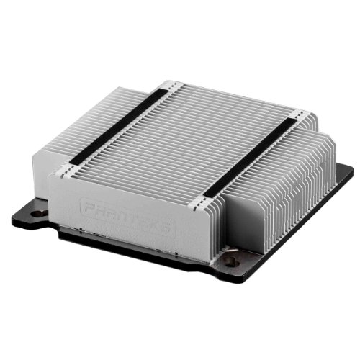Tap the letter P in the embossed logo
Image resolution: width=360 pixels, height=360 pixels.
tap(89, 206)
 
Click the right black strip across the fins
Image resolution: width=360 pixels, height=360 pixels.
tap(250, 156)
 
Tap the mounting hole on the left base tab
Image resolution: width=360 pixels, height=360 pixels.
tap(40, 213)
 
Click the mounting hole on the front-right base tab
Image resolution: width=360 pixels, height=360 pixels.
tap(230, 261)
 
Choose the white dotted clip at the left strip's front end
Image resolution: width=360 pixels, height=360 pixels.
tap(67, 170)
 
